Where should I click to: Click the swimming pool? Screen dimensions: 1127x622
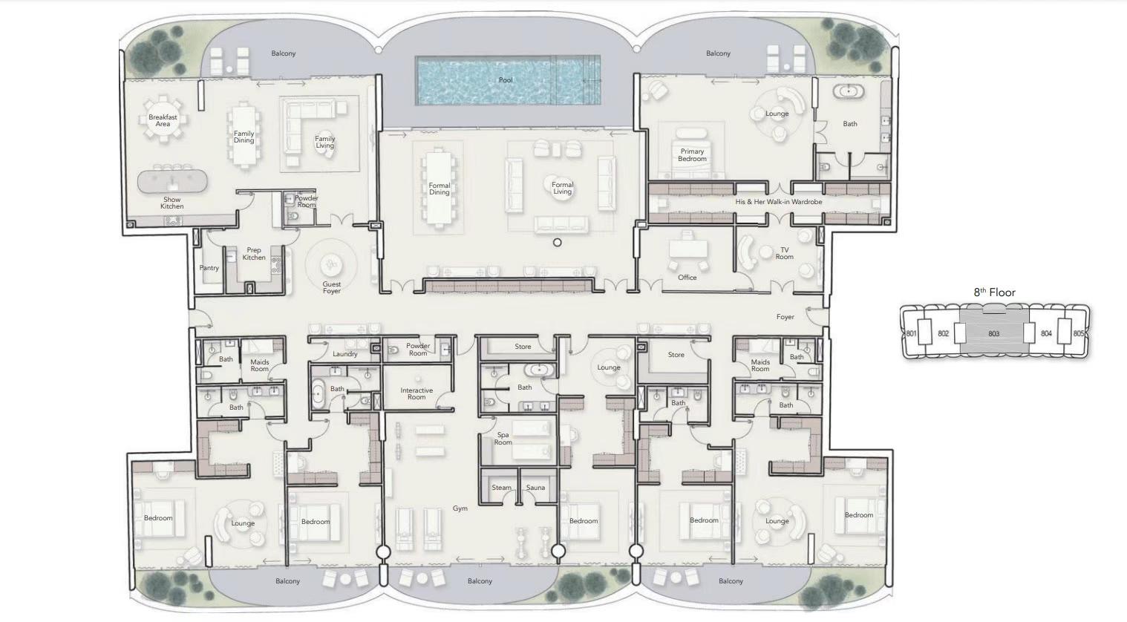tap(508, 80)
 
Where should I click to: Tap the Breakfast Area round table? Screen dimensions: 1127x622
tap(163, 120)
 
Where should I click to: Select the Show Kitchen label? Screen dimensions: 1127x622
tap(172, 203)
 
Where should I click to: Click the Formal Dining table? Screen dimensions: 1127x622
tap(440, 188)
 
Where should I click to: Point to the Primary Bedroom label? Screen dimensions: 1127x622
tap(692, 155)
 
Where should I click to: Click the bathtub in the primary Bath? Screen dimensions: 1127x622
tap(849, 91)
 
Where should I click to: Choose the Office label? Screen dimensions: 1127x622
tap(687, 278)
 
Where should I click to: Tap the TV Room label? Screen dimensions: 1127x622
tap(785, 253)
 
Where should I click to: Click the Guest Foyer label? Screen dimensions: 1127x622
tap(332, 287)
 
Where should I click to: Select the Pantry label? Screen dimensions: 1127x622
tap(209, 268)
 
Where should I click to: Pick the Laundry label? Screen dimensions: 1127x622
tap(345, 354)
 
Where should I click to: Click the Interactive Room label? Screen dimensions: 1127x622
tap(416, 393)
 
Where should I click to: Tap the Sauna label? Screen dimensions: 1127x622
tap(536, 487)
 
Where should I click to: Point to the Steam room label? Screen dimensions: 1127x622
tap(502, 487)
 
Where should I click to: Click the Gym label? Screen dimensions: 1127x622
tap(460, 508)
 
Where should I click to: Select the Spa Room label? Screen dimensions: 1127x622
tap(503, 439)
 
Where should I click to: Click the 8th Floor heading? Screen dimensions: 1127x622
tap(995, 292)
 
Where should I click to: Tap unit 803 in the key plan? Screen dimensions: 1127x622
tap(993, 333)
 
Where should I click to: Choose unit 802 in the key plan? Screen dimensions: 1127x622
tap(944, 333)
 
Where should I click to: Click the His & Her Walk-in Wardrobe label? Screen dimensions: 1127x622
tap(779, 202)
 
